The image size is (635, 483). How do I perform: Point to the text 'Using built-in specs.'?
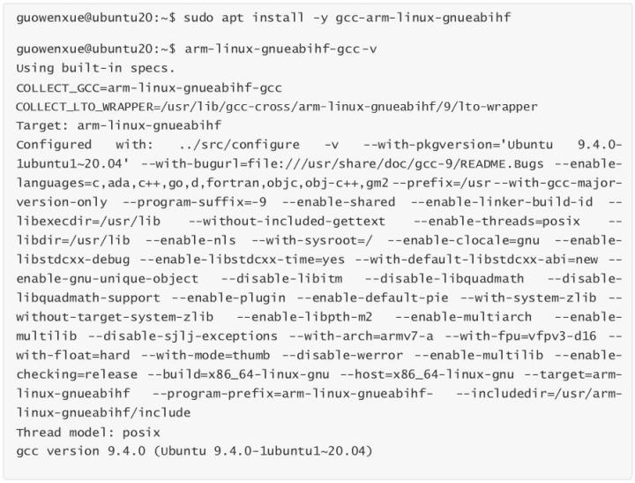tap(95, 67)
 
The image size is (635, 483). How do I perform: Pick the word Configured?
tap(53, 144)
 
